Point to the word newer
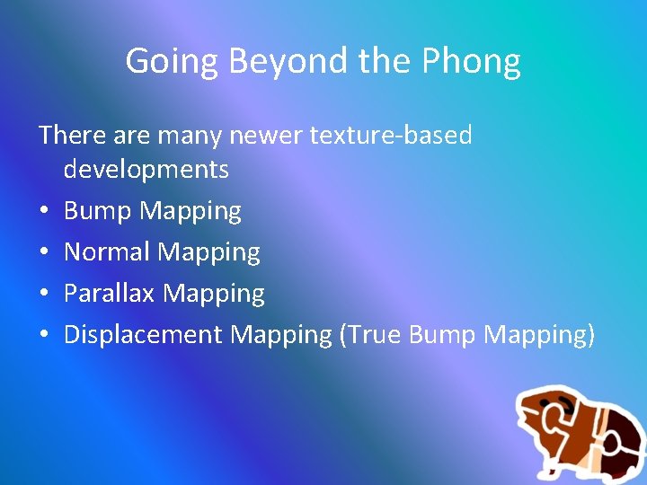click(266, 136)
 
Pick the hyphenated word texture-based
click(391, 136)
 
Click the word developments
click(146, 169)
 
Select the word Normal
click(108, 252)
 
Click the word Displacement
click(144, 335)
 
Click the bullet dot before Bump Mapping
click(45, 212)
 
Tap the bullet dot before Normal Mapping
click(45, 253)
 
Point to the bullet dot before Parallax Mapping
click(45, 295)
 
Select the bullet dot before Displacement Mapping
click(45, 336)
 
